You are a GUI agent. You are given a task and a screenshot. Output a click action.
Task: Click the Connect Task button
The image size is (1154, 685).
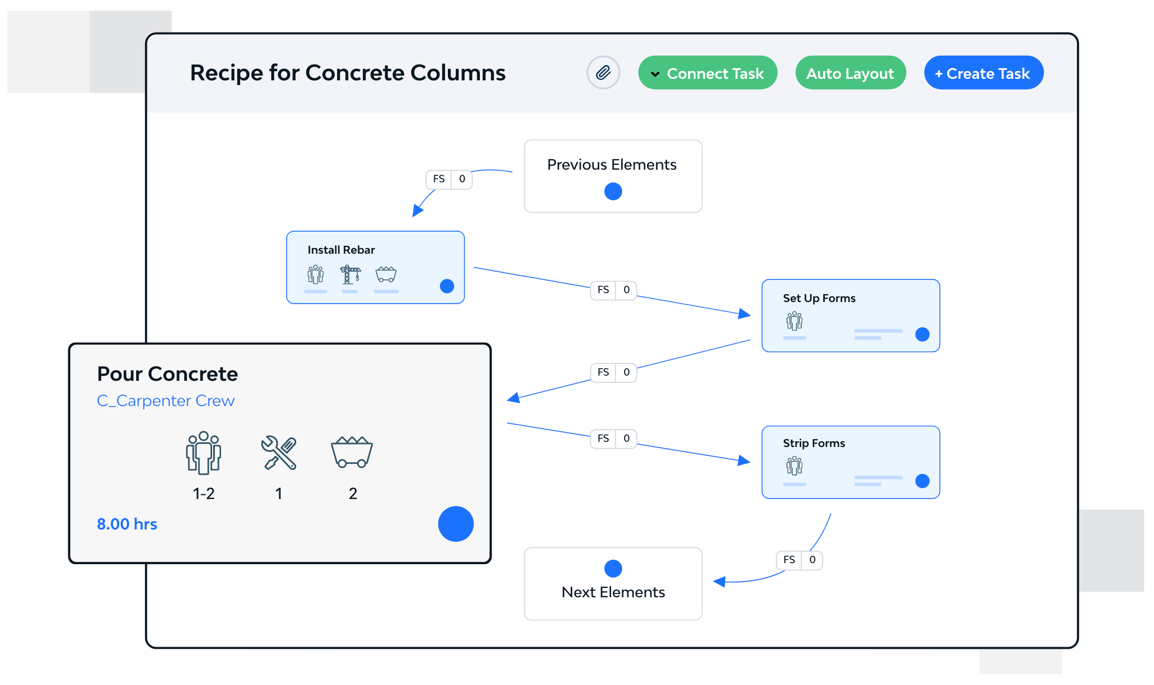coord(707,73)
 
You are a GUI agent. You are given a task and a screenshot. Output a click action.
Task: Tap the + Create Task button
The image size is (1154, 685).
coord(983,73)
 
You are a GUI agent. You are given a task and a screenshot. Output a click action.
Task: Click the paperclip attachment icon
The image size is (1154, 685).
coord(603,72)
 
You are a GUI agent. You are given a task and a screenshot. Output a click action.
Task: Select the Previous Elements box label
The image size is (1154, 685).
coord(612,165)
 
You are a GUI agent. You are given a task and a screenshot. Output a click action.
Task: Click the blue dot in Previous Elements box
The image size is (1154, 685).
coord(613,191)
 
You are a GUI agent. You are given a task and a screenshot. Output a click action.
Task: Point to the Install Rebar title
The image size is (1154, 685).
coord(341,250)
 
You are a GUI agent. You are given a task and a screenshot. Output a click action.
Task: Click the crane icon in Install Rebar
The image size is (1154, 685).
coord(350,274)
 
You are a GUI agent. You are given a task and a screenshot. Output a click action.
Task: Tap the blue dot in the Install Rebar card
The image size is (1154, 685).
coord(447,286)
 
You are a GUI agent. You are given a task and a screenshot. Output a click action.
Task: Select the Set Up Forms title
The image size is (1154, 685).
coord(819,298)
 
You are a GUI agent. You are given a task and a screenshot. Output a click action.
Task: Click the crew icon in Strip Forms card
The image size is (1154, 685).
coord(794,465)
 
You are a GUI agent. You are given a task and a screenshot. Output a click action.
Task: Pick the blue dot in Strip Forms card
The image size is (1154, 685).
coord(922,481)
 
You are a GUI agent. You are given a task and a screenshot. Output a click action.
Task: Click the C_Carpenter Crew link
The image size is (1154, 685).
coord(166,401)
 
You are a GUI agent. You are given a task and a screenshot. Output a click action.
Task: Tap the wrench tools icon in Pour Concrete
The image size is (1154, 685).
coord(279,452)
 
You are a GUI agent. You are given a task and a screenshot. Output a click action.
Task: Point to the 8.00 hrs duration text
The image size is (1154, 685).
coord(127,524)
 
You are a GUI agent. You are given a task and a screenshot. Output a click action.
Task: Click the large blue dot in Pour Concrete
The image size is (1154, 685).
coord(456,524)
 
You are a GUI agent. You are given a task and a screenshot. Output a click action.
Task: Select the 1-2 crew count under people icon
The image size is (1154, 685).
coord(204,493)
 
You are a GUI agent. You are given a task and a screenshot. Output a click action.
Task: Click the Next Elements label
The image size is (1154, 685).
coord(613,593)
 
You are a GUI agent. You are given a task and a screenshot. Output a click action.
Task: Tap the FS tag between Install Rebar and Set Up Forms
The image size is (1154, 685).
coord(603,290)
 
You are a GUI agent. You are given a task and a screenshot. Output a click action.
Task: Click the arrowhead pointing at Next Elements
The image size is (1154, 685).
coord(719,582)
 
